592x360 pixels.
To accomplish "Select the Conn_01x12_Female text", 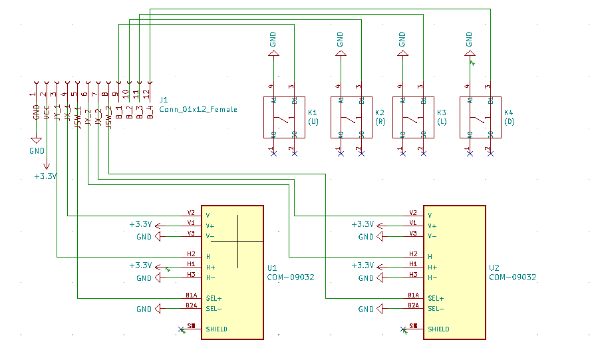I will (198, 109).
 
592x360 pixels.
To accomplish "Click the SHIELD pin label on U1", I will (216, 329).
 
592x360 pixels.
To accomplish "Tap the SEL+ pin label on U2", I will (436, 299).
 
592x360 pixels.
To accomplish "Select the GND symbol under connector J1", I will (37, 140).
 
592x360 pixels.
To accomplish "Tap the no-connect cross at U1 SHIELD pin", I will (182, 329).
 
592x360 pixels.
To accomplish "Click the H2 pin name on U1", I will (191, 254).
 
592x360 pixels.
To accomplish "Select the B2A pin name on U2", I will (413, 305).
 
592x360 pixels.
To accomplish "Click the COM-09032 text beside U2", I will (513, 277).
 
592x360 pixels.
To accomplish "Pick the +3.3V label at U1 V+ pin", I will (140, 224).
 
